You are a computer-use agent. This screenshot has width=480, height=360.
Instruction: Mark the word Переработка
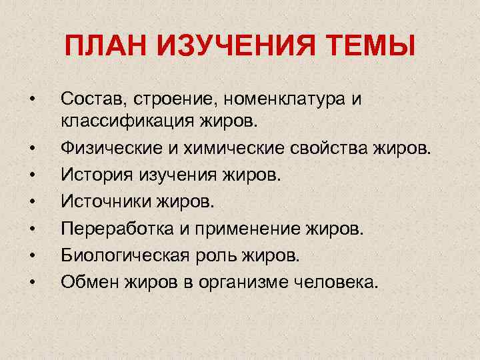tap(114, 229)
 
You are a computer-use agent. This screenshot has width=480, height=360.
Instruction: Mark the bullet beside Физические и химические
tap(31, 146)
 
